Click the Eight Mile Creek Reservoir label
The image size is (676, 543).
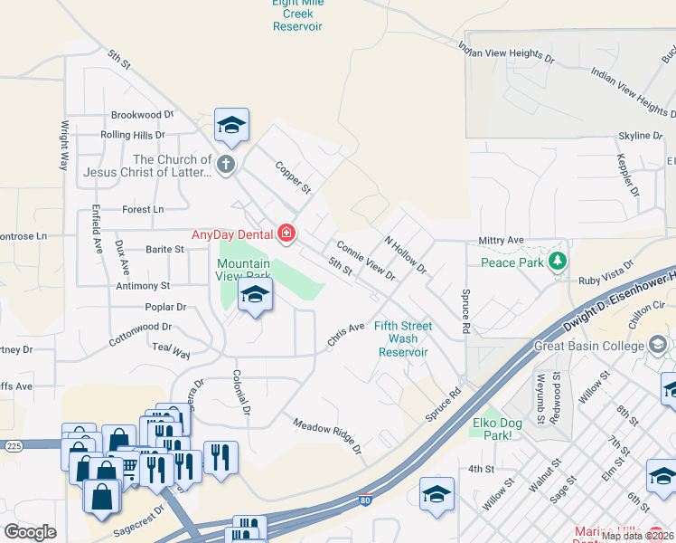point(297,14)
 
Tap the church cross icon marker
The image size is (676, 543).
point(226,165)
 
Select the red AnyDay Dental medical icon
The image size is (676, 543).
point(286,234)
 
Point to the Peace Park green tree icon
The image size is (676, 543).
point(558,262)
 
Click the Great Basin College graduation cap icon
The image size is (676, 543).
point(657,344)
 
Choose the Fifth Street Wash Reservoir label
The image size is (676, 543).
point(403,338)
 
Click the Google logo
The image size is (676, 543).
point(30,531)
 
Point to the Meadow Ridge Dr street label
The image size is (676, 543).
point(326,436)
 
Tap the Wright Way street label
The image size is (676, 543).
point(65,147)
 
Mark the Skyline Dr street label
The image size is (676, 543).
point(640,136)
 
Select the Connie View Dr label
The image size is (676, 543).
point(366,260)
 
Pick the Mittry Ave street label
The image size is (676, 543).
point(502,240)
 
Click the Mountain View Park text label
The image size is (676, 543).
point(243,270)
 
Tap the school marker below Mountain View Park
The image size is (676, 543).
point(256,296)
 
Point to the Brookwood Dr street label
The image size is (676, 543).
point(141,115)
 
